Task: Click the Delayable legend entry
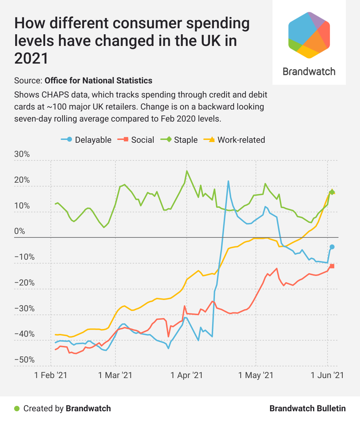click(86, 140)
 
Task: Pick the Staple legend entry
click(180, 140)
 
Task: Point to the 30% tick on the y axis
click(22, 154)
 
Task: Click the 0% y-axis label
click(20, 231)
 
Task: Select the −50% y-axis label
click(25, 360)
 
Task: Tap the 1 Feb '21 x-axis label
click(51, 375)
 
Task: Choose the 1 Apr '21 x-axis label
click(187, 375)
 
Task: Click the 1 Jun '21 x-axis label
click(327, 375)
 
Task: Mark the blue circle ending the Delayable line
click(332, 247)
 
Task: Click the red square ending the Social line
click(332, 266)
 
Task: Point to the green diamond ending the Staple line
click(332, 192)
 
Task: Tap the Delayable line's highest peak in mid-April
click(228, 181)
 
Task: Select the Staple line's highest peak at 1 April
click(187, 171)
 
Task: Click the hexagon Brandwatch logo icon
click(309, 35)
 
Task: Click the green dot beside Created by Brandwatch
click(17, 408)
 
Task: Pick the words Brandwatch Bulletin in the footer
click(307, 408)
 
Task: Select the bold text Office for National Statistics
click(98, 81)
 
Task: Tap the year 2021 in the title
click(31, 58)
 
